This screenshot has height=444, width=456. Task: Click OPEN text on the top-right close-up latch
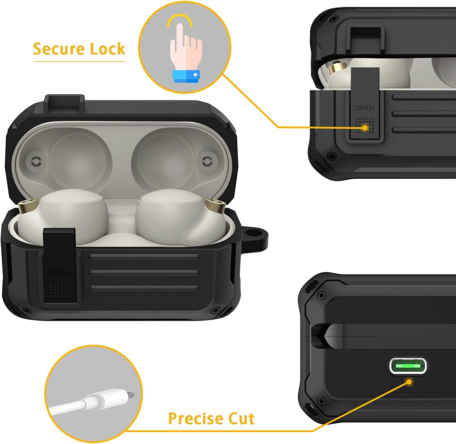click(365, 108)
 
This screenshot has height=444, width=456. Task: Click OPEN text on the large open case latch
click(60, 273)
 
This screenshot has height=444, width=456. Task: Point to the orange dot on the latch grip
click(365, 128)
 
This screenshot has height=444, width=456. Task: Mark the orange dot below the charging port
click(409, 381)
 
